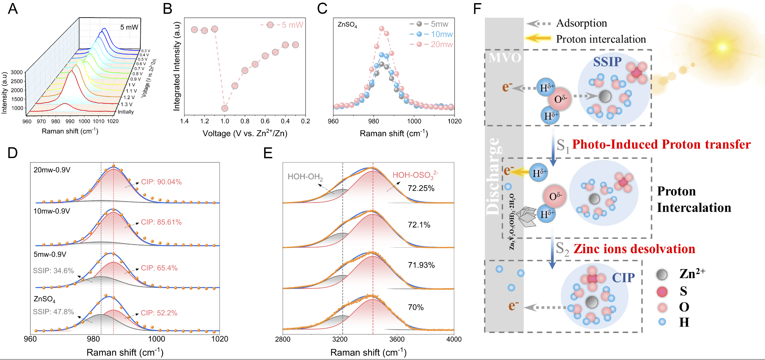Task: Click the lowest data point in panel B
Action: pos(225,108)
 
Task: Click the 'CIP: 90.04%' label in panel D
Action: pos(161,182)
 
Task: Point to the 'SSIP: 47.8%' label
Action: pos(53,312)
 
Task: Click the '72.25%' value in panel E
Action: pos(421,188)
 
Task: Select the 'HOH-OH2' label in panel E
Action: pos(305,177)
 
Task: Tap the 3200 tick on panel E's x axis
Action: pos(340,339)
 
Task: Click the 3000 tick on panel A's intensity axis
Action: pos(17,72)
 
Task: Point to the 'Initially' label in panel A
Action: pos(126,112)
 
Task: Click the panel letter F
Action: pos(477,9)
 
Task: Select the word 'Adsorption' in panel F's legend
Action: pos(581,23)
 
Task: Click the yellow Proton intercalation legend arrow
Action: pos(538,38)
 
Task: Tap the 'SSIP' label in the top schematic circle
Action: pos(607,62)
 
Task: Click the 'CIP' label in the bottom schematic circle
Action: pos(623,278)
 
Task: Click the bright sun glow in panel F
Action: pos(722,47)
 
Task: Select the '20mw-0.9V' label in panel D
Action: pos(52,170)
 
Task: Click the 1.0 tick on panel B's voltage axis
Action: pos(225,121)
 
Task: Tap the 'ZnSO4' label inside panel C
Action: pos(347,24)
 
